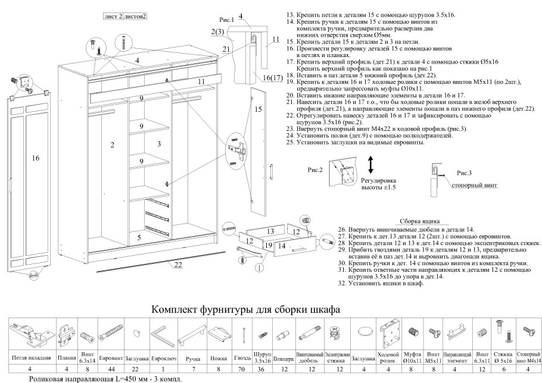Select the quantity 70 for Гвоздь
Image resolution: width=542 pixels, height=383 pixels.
pyautogui.click(x=243, y=369)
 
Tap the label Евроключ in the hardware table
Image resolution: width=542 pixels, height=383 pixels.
pyautogui.click(x=164, y=359)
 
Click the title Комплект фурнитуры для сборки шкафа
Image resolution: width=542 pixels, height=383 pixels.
pyautogui.click(x=246, y=310)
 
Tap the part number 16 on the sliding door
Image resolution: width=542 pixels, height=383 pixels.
pyautogui.click(x=35, y=158)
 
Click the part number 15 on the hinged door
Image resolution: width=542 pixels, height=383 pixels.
pyautogui.click(x=258, y=109)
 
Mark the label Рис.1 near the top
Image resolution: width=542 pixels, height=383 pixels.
pyautogui.click(x=227, y=20)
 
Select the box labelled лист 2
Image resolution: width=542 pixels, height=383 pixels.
pyautogui.click(x=113, y=16)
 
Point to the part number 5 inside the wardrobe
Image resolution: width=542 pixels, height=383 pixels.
pyautogui.click(x=139, y=237)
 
